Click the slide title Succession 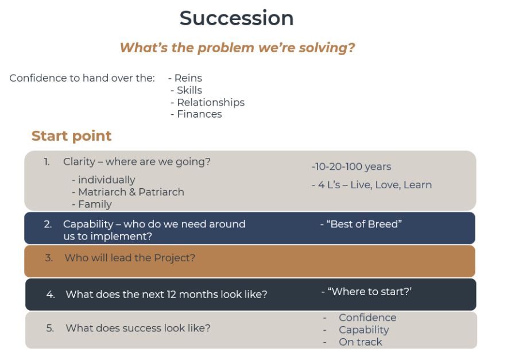[237, 18]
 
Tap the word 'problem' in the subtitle [226, 48]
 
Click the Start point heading [71, 136]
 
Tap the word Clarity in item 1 [79, 162]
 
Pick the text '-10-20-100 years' [351, 167]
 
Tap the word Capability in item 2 [88, 224]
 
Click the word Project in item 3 [175, 258]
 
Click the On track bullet [360, 342]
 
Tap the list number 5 [50, 328]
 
